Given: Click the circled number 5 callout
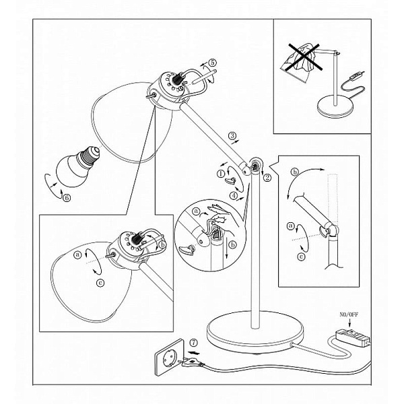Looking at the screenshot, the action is point(212,63).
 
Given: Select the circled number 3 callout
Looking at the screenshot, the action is point(232,135).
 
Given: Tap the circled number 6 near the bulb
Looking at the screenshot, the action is point(67,197).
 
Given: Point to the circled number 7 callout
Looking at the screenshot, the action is point(193,343).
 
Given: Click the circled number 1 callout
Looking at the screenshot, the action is point(221,174).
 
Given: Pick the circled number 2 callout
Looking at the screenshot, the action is point(267,178).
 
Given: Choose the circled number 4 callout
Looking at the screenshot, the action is point(234,196).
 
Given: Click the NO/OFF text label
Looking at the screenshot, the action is point(349,314).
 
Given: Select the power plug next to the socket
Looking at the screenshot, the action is point(191,363).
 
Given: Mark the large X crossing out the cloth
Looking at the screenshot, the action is point(305,57).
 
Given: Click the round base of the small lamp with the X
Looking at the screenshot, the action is point(335,106).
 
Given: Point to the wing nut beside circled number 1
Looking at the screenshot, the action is point(231,180).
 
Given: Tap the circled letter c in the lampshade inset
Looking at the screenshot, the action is point(100,283).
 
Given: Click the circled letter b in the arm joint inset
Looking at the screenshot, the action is point(295,172).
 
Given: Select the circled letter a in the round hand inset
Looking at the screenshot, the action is point(197,211).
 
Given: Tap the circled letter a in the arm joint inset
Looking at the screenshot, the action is point(291,226).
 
